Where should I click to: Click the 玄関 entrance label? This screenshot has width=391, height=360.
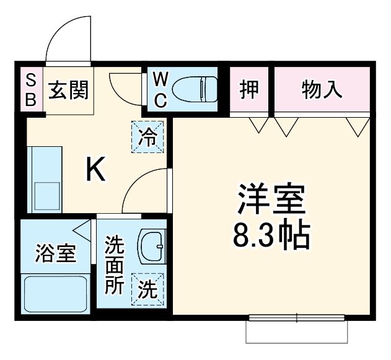(69, 90)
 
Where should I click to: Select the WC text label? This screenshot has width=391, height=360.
(160, 90)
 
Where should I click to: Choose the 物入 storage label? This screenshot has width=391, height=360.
(322, 90)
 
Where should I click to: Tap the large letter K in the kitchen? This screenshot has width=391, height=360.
(95, 169)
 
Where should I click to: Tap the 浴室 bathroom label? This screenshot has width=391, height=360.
(55, 253)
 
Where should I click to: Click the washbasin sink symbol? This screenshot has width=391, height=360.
(151, 246)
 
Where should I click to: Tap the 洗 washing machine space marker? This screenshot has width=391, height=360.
(147, 289)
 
